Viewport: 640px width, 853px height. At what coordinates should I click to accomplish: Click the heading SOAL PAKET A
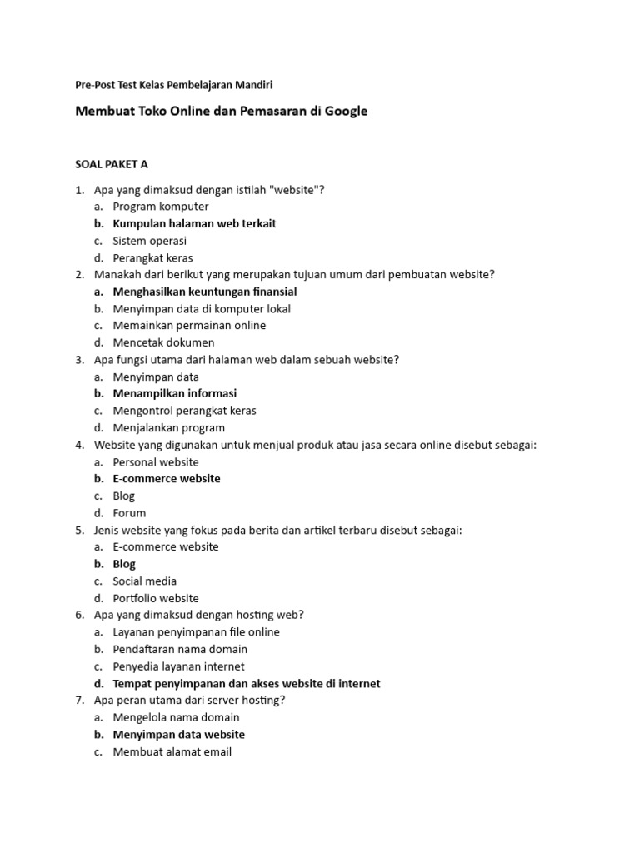click(112, 164)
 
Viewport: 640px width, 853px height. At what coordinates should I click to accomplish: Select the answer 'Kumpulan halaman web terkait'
click(194, 223)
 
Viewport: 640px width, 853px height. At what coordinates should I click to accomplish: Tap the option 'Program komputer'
click(161, 207)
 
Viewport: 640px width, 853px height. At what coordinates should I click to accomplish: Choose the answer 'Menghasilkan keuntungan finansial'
click(205, 292)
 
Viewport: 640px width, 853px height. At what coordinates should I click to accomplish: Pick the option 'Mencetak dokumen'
click(163, 342)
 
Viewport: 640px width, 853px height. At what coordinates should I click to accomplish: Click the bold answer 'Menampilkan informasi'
click(175, 393)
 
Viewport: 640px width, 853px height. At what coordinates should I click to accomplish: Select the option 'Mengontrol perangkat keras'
click(184, 411)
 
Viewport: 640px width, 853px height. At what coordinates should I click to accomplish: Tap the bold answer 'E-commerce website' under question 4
click(167, 479)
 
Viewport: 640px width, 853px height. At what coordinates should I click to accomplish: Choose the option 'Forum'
click(129, 513)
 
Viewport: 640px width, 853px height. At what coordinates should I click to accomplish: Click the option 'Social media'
click(145, 581)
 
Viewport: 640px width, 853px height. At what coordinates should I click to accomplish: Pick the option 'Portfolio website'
click(156, 598)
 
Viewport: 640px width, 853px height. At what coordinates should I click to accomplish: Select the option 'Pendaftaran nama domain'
click(180, 649)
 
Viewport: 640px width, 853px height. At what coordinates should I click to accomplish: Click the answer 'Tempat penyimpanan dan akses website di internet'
click(247, 684)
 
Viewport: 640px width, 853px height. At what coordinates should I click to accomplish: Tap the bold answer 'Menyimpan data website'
click(179, 735)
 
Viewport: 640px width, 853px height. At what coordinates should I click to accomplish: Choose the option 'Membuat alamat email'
click(172, 751)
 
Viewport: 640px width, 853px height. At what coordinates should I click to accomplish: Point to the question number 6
click(79, 616)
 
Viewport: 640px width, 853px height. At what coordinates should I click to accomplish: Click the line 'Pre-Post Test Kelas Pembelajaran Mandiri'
click(174, 85)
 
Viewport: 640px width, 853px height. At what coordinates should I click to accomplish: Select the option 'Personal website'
click(156, 462)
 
